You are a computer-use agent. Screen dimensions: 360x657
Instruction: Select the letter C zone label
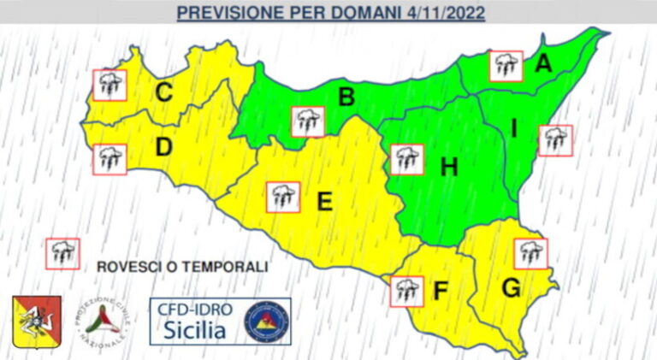pos(164,91)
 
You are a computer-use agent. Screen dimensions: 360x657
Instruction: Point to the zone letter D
pos(163,148)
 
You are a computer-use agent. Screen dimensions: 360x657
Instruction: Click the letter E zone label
pos(324,202)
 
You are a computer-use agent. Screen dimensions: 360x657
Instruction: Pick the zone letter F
pos(440,292)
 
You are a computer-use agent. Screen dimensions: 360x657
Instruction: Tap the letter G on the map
pos(511,288)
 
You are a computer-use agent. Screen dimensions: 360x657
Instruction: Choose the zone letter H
pos(448,168)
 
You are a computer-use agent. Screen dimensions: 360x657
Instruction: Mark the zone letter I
pos(514,128)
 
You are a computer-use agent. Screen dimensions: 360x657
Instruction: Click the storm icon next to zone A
pos(506,66)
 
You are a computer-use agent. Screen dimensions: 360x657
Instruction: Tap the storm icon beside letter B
pos(308,121)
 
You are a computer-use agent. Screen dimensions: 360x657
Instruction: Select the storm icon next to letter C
pos(110,84)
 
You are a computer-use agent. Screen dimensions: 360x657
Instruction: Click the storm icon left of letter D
pos(109,159)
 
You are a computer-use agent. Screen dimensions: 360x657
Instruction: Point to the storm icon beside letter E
pos(283,198)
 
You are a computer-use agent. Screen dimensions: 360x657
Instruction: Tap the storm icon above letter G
pos(531,253)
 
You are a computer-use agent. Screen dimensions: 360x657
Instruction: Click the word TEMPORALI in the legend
pos(225,267)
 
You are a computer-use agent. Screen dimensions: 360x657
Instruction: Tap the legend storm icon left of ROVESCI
pos(62,253)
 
